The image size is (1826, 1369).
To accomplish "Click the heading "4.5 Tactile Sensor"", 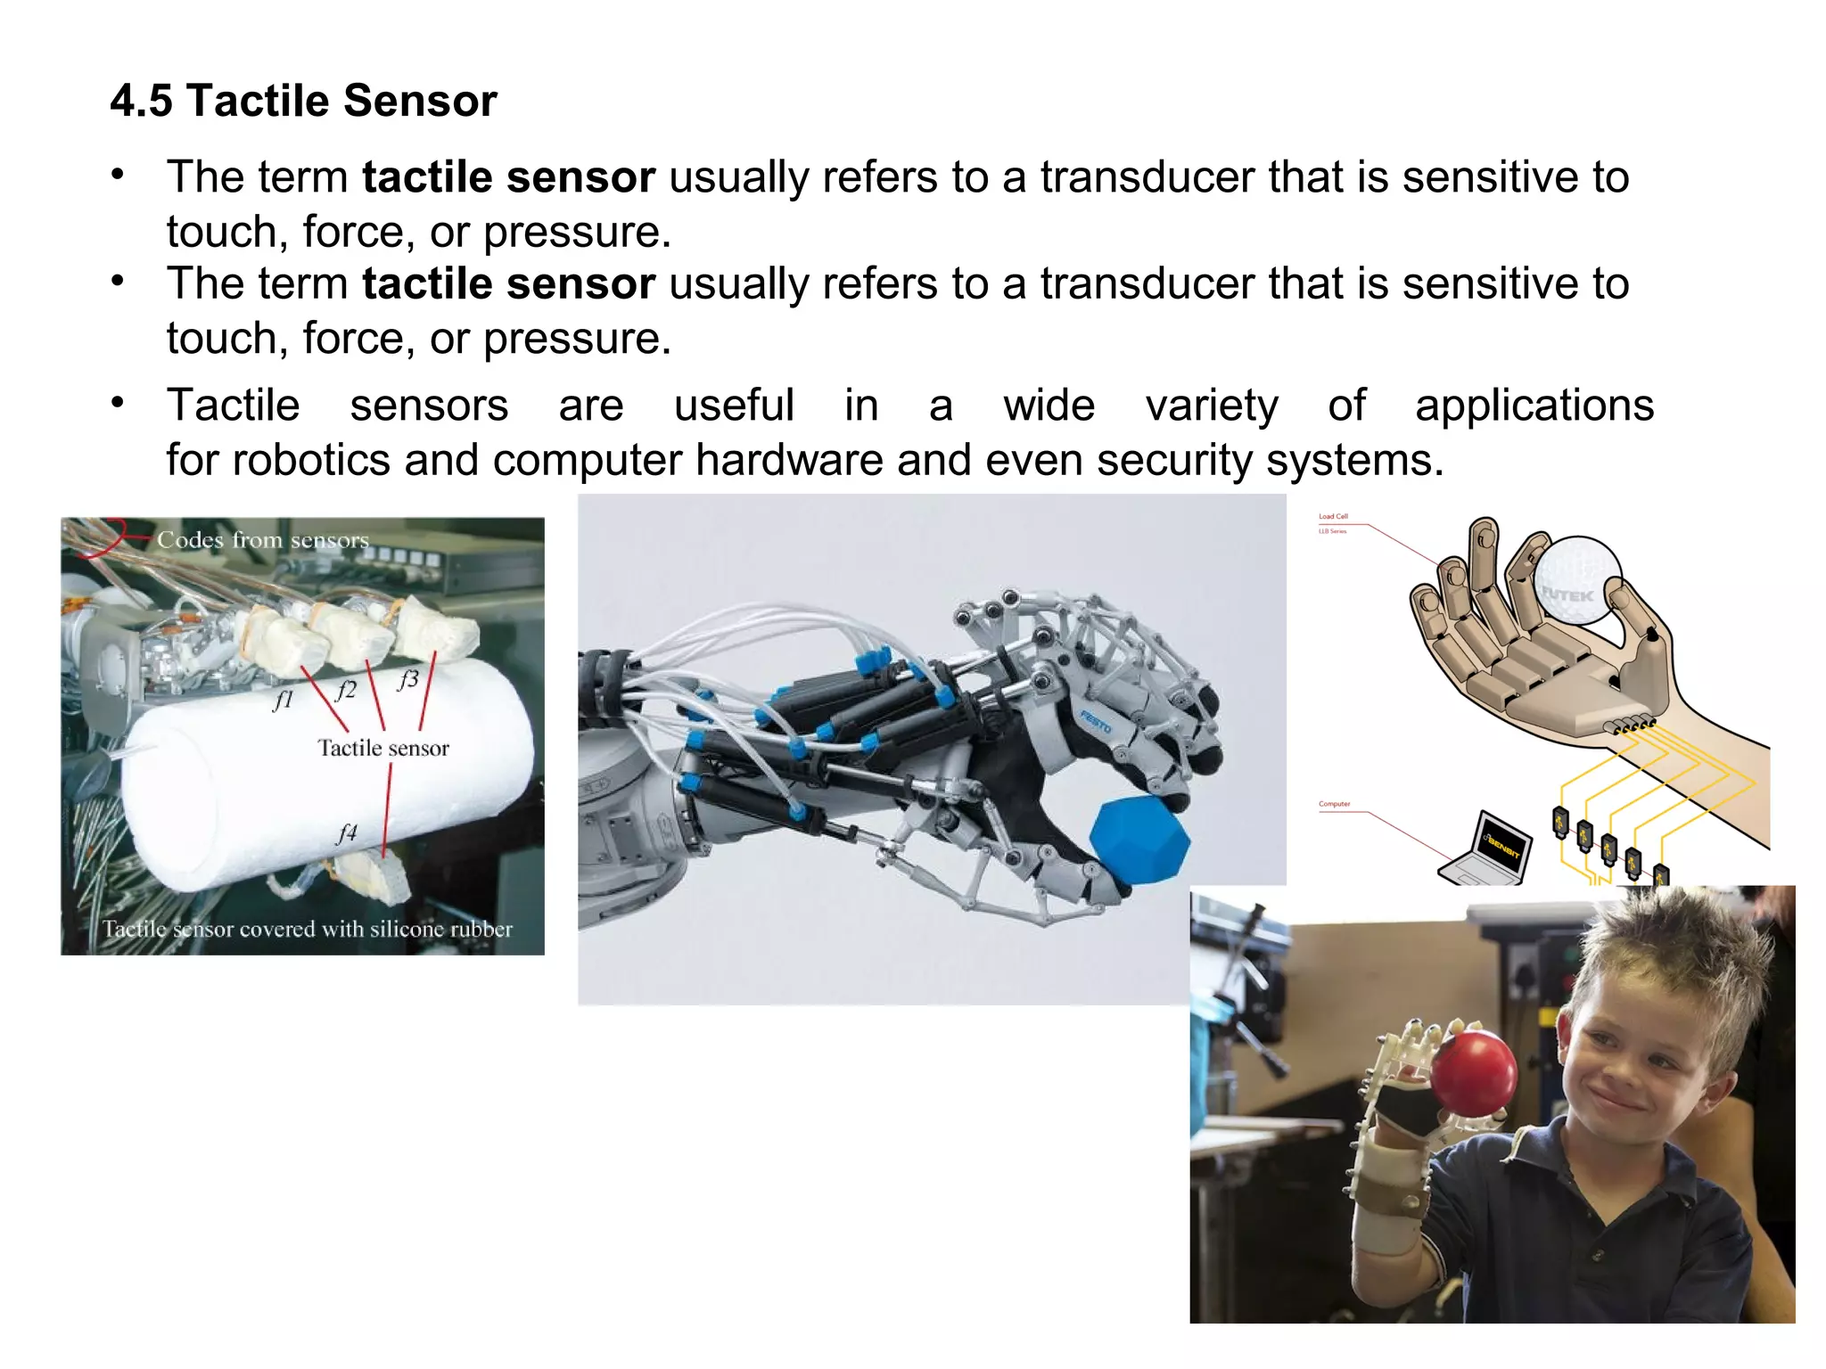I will click(x=303, y=100).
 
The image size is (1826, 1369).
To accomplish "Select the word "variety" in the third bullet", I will click(x=1212, y=406).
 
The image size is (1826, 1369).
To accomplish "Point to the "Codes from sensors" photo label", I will click(x=263, y=540).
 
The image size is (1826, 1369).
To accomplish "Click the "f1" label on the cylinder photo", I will click(x=283, y=701).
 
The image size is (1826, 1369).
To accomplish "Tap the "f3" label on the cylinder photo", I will click(x=407, y=680).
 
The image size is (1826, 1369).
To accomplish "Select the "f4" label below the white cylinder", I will click(x=346, y=832).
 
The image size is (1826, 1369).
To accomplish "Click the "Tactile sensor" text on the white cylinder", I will click(x=383, y=748).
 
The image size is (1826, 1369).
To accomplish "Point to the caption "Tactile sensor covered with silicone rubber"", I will click(x=308, y=929).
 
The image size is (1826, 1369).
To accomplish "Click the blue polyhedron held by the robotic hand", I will click(x=1140, y=841).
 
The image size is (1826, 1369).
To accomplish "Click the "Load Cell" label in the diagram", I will click(x=1333, y=517).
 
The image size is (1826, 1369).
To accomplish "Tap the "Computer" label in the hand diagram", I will click(x=1335, y=804).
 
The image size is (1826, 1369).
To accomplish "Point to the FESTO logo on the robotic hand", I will click(x=1096, y=721).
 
